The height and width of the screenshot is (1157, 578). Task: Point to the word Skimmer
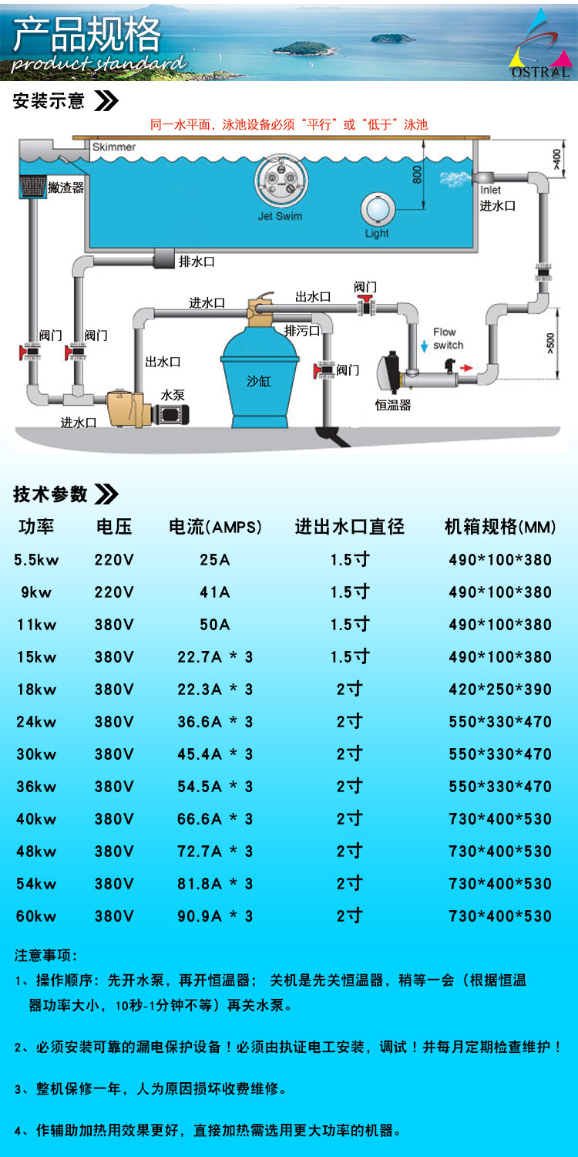click(113, 147)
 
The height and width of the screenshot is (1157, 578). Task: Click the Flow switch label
click(448, 339)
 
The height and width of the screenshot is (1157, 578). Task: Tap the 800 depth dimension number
click(417, 175)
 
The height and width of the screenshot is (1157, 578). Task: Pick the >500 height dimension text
click(549, 341)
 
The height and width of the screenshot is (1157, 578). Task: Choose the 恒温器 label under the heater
click(393, 405)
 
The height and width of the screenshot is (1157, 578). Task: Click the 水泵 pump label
click(173, 394)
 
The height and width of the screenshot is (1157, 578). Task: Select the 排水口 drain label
click(197, 262)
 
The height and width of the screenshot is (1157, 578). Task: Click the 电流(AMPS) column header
click(215, 528)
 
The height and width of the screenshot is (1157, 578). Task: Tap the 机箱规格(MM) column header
click(500, 528)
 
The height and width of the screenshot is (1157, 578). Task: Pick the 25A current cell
click(215, 560)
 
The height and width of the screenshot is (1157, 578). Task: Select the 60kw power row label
click(36, 916)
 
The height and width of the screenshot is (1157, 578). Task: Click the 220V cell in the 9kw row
click(114, 592)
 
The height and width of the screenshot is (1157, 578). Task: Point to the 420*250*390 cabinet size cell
click(500, 690)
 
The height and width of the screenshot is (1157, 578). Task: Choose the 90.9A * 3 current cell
click(215, 916)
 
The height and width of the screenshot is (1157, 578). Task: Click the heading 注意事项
click(46, 956)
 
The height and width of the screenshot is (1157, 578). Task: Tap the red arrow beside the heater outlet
click(467, 369)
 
